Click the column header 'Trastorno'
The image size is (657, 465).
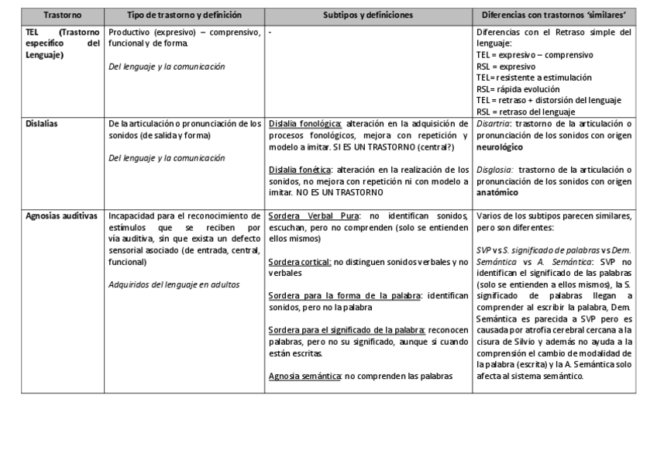62,15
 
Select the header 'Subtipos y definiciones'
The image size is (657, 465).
368,15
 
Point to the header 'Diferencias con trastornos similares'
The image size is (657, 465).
553,15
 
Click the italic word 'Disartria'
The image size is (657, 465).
494,123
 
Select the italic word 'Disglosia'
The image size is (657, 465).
494,169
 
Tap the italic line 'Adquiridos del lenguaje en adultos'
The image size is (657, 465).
174,284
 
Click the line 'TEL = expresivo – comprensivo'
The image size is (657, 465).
535,55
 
